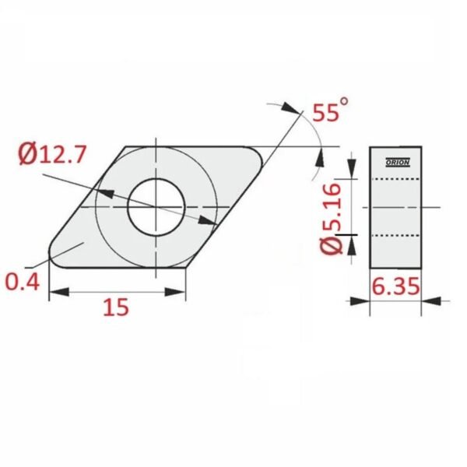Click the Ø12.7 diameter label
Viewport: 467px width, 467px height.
(52, 153)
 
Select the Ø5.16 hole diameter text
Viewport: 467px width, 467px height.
(331, 219)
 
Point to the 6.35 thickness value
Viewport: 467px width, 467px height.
(396, 286)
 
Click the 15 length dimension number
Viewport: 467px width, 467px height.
(116, 307)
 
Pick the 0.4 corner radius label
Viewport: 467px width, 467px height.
(23, 282)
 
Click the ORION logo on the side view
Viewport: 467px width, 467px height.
(398, 163)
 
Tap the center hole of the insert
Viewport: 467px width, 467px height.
(156, 207)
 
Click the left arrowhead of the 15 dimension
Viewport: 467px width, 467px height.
(59, 292)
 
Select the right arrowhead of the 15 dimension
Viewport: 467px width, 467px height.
(175, 292)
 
